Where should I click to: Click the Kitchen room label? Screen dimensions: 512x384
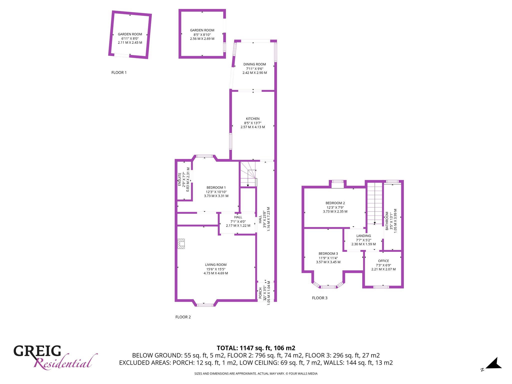point(253,119)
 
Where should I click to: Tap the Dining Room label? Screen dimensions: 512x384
point(255,64)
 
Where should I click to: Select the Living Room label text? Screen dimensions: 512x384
point(216,265)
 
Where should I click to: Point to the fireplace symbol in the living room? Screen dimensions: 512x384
point(181,244)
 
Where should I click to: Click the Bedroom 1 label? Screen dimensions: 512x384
point(216,187)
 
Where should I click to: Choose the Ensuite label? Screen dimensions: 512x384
point(179,179)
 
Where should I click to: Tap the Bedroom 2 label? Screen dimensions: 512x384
point(335,203)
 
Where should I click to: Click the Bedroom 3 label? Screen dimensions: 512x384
point(328,253)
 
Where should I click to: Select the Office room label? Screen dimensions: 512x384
point(383,261)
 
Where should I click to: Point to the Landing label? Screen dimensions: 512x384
point(363,236)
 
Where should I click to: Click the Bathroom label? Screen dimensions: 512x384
point(387,221)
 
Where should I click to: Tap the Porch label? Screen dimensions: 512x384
point(260,293)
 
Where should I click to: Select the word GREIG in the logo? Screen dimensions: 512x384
point(37,351)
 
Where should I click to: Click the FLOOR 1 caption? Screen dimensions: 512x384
point(119,72)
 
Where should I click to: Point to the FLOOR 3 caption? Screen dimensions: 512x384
point(320,298)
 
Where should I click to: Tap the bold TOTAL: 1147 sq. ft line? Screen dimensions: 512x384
point(256,348)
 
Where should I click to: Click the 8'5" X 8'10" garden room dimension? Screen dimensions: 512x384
point(202,35)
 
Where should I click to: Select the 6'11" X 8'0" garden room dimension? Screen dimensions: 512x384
point(130,39)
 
